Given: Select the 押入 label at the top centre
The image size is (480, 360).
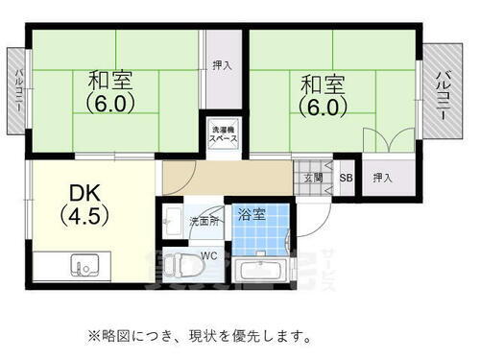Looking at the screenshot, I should click(x=222, y=65).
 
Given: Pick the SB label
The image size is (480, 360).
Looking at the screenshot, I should click(x=347, y=178).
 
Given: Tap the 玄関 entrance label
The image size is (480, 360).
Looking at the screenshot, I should click(x=314, y=178).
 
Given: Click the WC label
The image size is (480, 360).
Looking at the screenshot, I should click(x=209, y=255).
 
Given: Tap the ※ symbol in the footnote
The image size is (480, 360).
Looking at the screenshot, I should click(x=93, y=336).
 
